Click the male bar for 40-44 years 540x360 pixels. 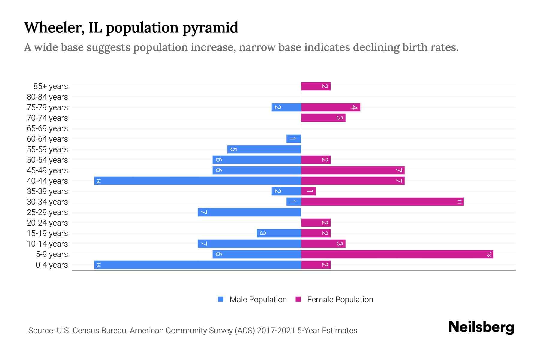coord(198,181)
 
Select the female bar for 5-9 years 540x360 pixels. coord(397,254)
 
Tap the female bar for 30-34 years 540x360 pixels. coord(382,202)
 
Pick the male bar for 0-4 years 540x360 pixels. coord(198,265)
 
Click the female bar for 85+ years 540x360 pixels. coord(316,86)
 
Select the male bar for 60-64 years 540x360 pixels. coord(294,139)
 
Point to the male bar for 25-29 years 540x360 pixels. coord(249,212)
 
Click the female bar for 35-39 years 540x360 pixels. coord(309,191)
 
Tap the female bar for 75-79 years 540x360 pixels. coord(331,107)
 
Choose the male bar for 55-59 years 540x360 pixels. coord(264,149)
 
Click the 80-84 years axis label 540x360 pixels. coord(47,97)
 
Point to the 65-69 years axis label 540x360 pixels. coord(47,128)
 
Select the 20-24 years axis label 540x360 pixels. coord(47,223)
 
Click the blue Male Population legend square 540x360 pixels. coord(221,299)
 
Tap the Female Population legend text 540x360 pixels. coord(340,300)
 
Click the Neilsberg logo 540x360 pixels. coord(481,327)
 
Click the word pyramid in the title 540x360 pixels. coord(210,28)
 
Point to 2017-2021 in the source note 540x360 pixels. coord(276,331)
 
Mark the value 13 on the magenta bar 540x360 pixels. coord(489,254)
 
